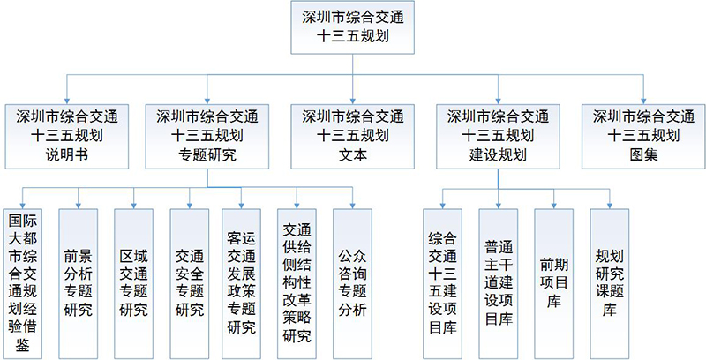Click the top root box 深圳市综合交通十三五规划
coord(352,27)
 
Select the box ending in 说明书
coord(67,137)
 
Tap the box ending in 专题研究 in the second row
coord(207,137)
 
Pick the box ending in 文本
coord(352,137)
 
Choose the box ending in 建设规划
coord(498,137)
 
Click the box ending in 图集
coord(643,137)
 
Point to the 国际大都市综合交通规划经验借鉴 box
coord(23,283)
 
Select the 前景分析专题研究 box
coord(79,283)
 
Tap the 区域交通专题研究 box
coord(134,283)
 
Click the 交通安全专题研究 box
coord(190,283)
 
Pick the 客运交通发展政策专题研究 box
coord(241,283)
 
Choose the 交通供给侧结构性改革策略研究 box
coord(297,283)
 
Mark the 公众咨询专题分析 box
coord(352,283)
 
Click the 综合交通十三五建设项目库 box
coord(443,283)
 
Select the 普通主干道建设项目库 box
coord(499,283)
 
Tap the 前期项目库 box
coord(554,283)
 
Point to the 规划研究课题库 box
coord(610,283)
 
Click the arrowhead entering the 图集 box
coord(643,101)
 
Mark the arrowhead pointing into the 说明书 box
coord(67,101)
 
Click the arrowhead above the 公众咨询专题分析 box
coord(352,206)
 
